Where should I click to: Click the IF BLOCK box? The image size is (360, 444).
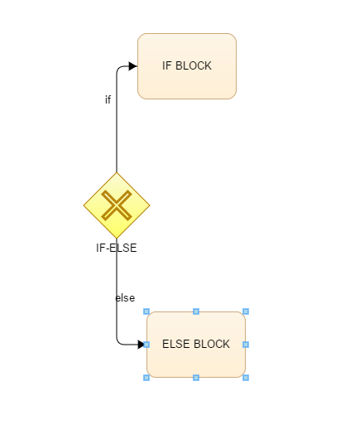[x=187, y=66]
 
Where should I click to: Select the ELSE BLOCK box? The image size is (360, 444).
[x=196, y=345]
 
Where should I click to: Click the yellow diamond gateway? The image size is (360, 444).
[x=117, y=205]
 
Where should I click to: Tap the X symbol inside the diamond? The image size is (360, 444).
[x=117, y=205]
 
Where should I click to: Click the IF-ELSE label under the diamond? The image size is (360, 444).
[x=117, y=248]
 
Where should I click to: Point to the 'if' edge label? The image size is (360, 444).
[x=108, y=99]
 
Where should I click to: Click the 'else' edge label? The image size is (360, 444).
[x=125, y=298]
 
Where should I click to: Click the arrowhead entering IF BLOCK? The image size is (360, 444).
[x=133, y=66]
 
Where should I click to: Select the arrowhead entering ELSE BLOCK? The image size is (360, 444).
[x=141, y=345]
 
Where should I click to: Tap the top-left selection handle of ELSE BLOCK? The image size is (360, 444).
[x=146, y=311]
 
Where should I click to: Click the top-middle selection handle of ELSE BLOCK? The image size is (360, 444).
[x=196, y=311]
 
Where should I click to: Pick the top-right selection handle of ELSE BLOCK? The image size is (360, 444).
[x=246, y=311]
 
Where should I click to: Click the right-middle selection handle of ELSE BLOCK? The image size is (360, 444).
[x=246, y=345]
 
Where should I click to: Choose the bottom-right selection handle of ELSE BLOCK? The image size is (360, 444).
[x=246, y=378]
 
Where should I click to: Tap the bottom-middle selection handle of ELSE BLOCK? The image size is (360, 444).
[x=196, y=378]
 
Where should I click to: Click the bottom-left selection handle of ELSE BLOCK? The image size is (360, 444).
[x=146, y=378]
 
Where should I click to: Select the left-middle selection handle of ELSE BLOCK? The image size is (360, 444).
[x=146, y=345]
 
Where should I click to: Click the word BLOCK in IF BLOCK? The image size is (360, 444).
[x=194, y=65]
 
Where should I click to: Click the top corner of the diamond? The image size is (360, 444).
[x=117, y=172]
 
